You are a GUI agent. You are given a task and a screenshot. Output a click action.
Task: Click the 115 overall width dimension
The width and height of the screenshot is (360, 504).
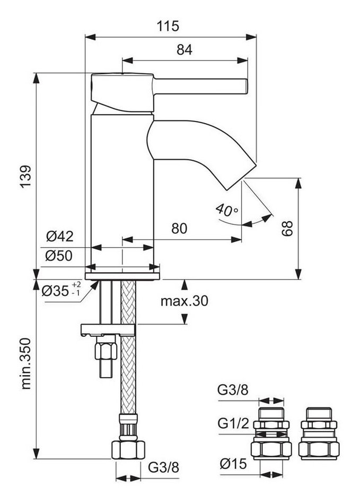pyautogui.click(x=168, y=25)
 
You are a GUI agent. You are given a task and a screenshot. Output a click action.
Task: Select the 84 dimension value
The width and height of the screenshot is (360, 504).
pyautogui.click(x=184, y=50)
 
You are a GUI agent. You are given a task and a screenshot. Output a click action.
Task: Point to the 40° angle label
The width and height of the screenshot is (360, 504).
pyautogui.click(x=227, y=210)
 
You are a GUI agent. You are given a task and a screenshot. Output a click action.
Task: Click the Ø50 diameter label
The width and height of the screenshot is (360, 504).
pyautogui.click(x=59, y=256)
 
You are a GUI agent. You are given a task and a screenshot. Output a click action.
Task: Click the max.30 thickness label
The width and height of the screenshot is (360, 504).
pyautogui.click(x=185, y=302)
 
